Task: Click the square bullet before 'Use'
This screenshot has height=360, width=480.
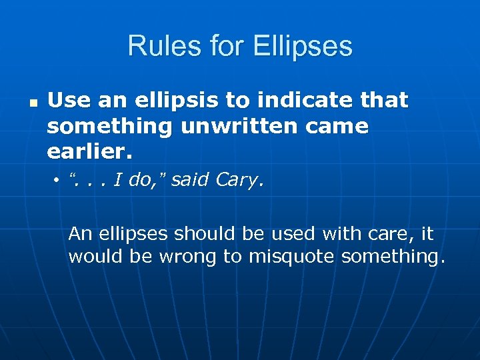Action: pyautogui.click(x=33, y=104)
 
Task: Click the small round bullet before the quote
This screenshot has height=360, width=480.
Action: pyautogui.click(x=58, y=181)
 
